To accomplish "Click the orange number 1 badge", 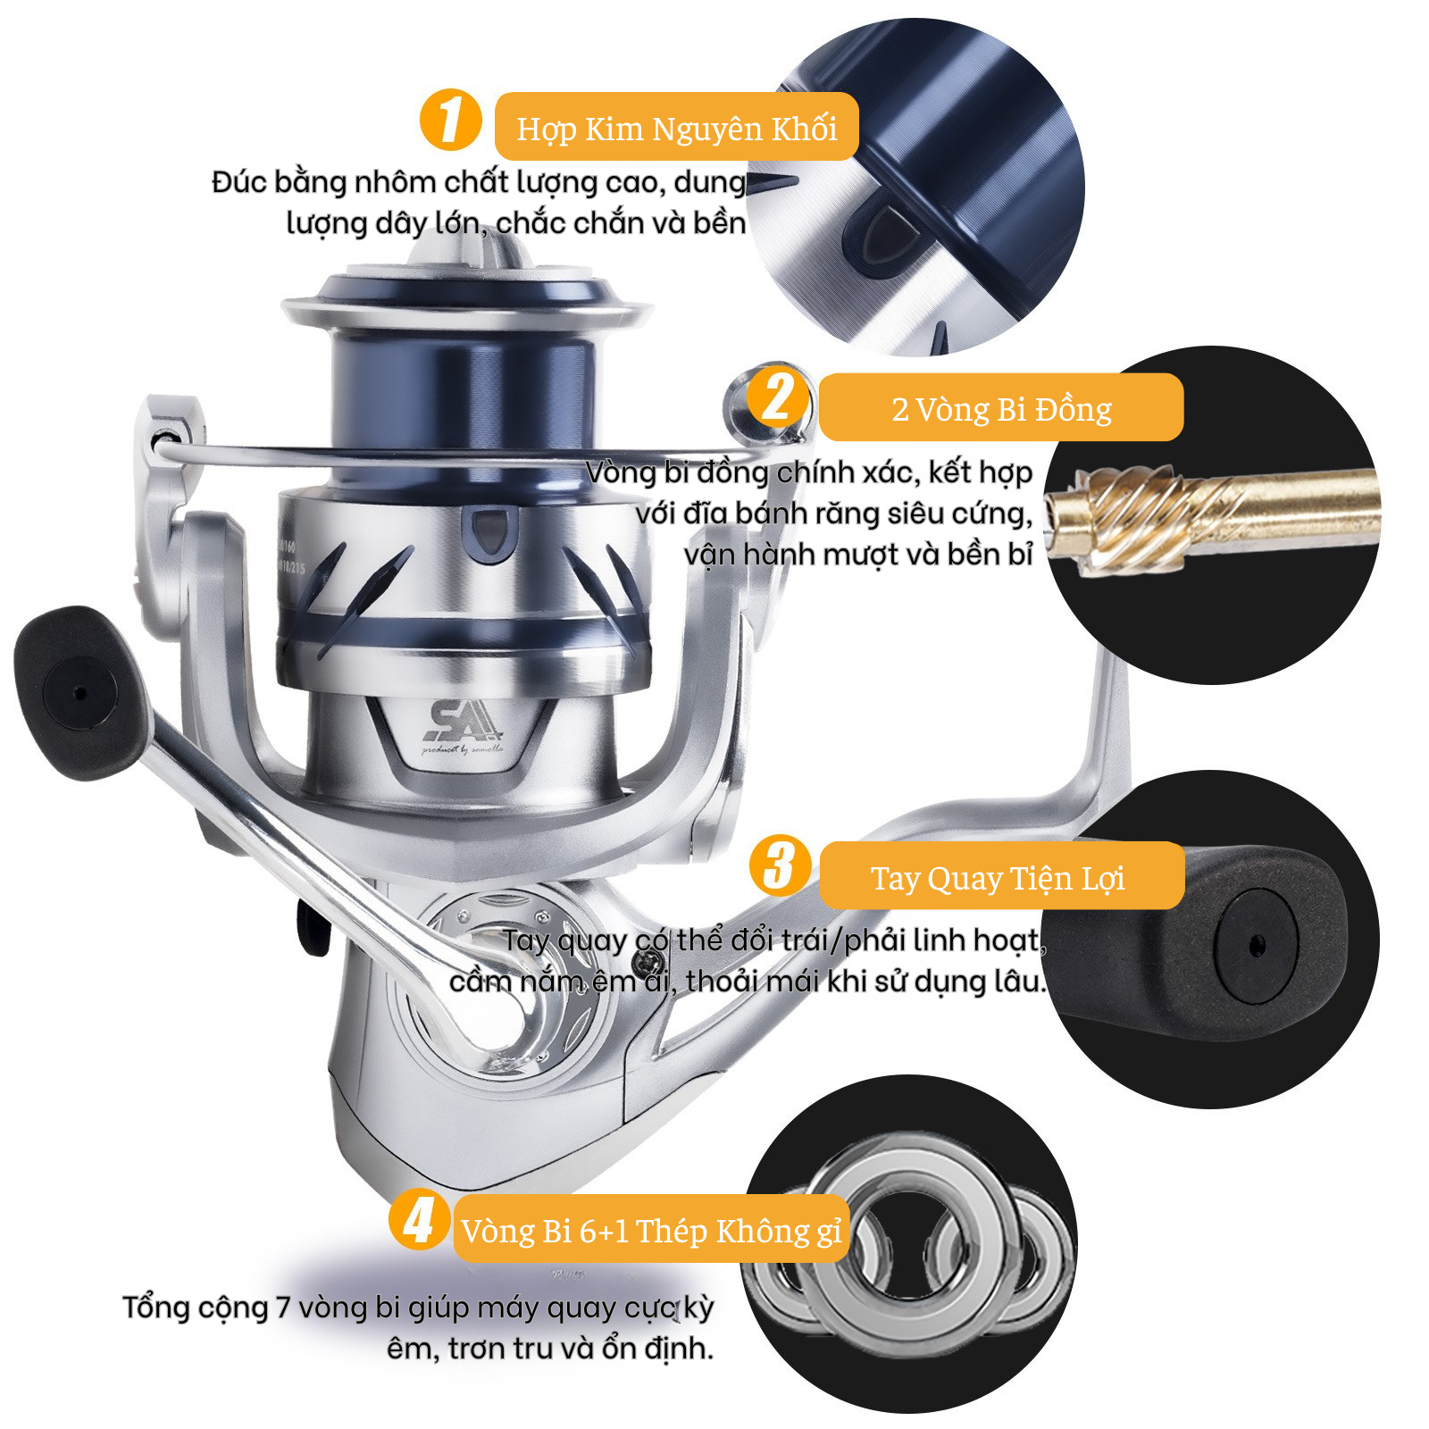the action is pos(450,120).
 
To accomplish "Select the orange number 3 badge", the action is pos(780,865).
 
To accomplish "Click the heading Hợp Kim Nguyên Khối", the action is pos(677,129).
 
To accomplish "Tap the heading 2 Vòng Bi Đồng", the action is pos(1001,409).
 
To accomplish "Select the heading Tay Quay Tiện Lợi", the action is pos(998,878).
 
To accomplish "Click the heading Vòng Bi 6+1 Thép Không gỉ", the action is pos(651,1231).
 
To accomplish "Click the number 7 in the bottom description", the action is pos(282,1308).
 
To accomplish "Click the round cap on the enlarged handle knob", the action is pos(1256,943).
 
